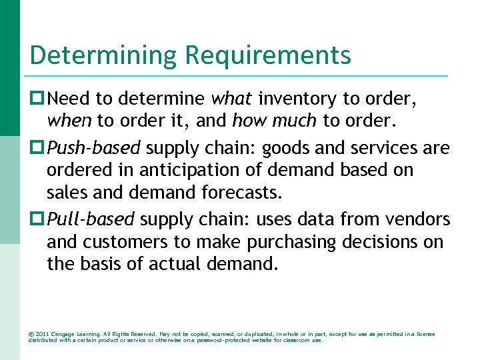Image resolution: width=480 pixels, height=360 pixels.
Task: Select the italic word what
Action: (x=231, y=99)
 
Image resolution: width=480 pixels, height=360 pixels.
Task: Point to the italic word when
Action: (x=70, y=122)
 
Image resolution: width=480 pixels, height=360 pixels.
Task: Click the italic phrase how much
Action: (x=274, y=122)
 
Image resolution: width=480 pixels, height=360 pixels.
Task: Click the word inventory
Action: (x=297, y=99)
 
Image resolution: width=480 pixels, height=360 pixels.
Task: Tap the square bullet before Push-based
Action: (x=37, y=147)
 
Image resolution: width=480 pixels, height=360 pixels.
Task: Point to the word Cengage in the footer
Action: (x=63, y=334)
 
